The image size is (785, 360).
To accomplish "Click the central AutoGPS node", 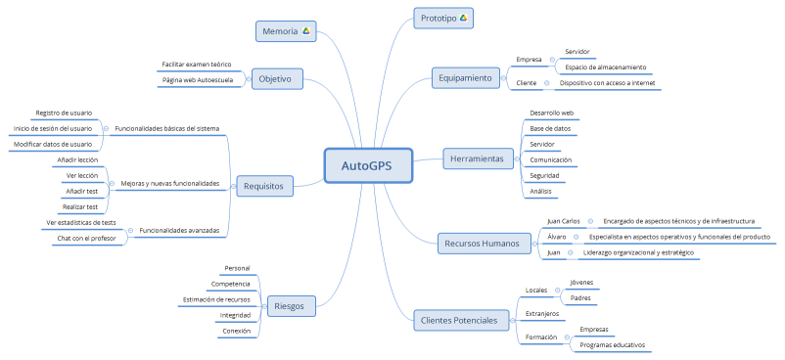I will click(367, 165).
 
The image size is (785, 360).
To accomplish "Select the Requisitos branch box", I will click(264, 184).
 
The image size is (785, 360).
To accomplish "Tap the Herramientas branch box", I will click(476, 157).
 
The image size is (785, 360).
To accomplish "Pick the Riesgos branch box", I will click(291, 305).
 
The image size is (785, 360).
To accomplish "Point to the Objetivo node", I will click(277, 78).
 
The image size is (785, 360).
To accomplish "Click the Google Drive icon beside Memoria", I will click(305, 32).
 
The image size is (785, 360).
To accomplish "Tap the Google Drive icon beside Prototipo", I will click(463, 19).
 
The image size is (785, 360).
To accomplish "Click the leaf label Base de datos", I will click(550, 128).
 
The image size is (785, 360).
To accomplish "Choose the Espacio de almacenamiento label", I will click(605, 67).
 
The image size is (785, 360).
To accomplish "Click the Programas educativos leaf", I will click(612, 345).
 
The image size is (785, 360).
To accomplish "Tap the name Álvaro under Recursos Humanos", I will click(558, 237).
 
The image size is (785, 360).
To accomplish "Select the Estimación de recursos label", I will click(216, 299).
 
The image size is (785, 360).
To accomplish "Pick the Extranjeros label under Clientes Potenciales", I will click(542, 314).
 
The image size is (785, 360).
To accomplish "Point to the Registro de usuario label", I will click(64, 112).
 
